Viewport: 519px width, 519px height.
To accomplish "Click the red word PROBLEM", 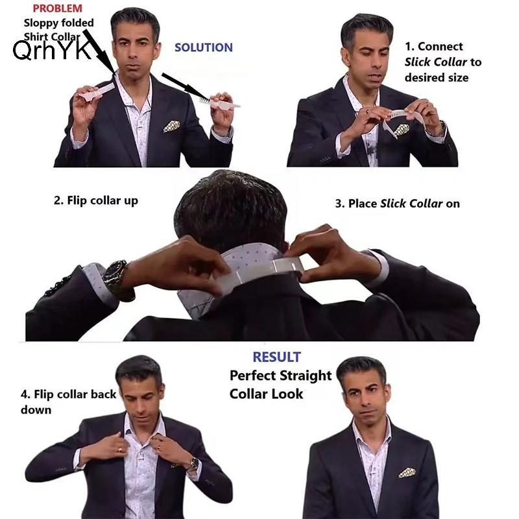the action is pos(58,8).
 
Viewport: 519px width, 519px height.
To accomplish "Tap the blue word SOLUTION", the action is pos(204,47).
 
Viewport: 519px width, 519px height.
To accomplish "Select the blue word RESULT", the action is pos(277,357).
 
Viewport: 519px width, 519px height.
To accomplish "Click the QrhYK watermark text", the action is pos(52,50).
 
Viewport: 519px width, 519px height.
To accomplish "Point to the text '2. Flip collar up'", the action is pos(96,200).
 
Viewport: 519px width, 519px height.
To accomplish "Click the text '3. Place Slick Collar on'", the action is pos(398,203).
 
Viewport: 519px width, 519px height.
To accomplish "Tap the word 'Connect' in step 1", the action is pos(441,46).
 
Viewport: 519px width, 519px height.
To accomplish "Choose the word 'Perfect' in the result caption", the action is pos(252,376).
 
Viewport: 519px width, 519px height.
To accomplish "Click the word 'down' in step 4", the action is pos(36,410).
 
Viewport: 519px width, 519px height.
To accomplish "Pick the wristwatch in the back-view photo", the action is pos(116,277).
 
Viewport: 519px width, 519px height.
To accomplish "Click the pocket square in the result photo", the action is pos(407,472).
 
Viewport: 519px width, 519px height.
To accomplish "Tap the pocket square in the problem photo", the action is pos(171,126).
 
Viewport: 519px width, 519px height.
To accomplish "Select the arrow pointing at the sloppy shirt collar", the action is pos(99,51).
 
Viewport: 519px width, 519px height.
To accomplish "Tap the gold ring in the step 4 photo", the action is pos(120,450).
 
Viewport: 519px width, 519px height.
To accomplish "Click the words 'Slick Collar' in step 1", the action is pos(435,62).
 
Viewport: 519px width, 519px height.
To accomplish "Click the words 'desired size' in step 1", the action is pos(437,77).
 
